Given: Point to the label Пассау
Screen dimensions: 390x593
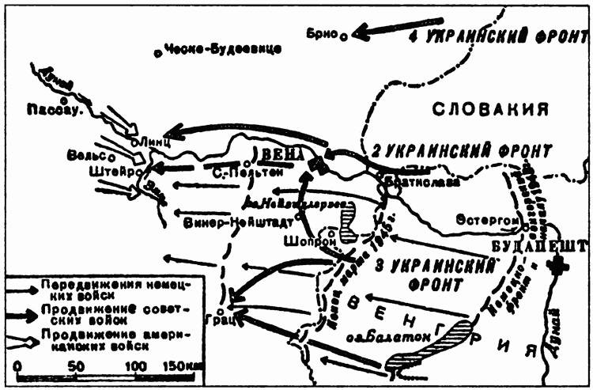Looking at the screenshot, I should (x=55, y=111).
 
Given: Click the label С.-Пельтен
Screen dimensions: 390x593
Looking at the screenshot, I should (x=242, y=170).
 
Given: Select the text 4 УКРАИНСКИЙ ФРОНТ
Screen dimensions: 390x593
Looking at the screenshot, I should (x=497, y=37).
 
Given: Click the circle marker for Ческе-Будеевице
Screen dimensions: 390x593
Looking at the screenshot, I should (x=158, y=53).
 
